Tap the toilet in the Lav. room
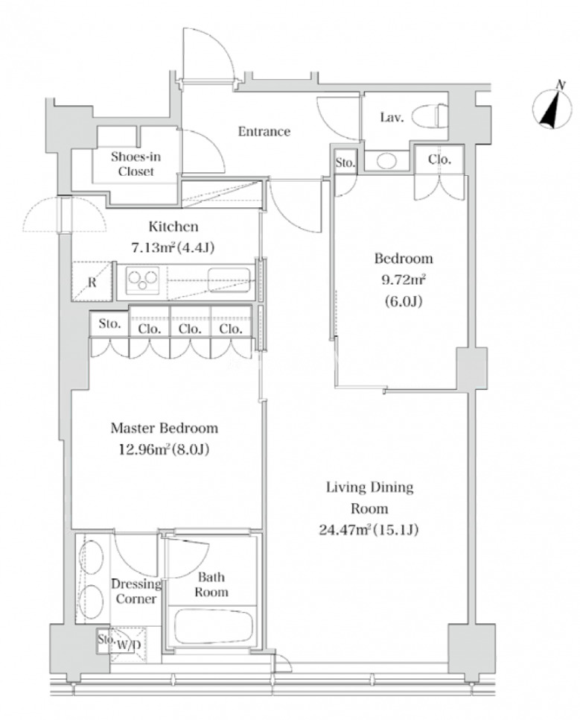tap(430, 116)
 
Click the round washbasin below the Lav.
tap(386, 162)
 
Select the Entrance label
tap(264, 132)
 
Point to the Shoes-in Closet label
tap(136, 164)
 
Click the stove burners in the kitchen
tap(142, 280)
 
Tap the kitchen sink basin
tap(229, 280)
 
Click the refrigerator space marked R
tap(92, 282)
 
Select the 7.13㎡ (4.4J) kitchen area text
tap(173, 248)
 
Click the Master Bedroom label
tap(165, 429)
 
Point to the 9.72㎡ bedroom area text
tap(404, 280)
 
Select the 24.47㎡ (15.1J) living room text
tap(369, 531)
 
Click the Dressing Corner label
tap(136, 592)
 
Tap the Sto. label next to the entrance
tap(345, 162)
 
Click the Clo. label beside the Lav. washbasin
tap(439, 160)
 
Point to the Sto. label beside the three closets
tap(109, 323)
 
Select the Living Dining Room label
tap(369, 498)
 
